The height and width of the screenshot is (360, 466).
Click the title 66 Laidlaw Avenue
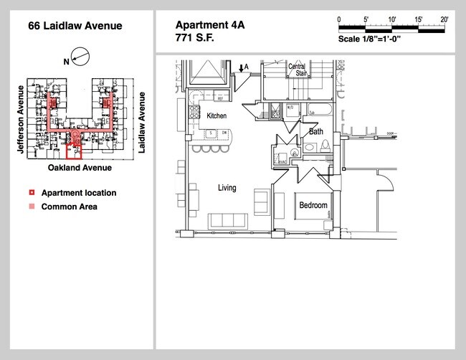(x=75, y=26)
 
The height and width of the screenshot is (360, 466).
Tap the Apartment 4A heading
(x=210, y=24)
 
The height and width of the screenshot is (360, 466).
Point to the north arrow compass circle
(x=80, y=56)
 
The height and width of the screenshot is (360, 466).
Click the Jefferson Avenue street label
(x=21, y=119)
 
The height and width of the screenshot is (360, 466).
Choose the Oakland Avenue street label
(x=80, y=168)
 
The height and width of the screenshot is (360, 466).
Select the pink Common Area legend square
(x=32, y=207)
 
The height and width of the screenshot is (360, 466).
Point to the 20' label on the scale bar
(x=444, y=19)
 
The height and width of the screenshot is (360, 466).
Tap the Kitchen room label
(x=217, y=115)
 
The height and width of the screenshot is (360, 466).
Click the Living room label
(x=227, y=188)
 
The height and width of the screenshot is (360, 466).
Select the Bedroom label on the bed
(x=313, y=206)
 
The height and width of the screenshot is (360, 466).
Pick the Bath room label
(x=315, y=132)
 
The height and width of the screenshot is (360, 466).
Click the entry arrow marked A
(x=242, y=68)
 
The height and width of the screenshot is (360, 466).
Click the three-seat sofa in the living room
(x=229, y=220)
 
